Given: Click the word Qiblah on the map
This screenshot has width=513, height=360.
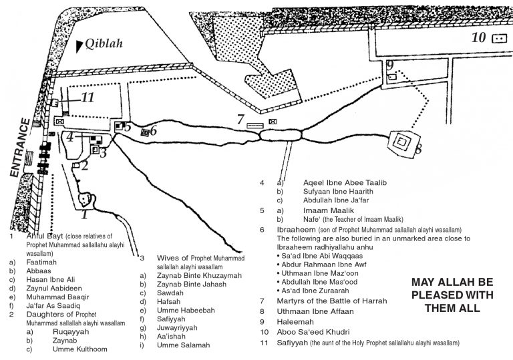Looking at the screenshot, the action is pos(104,43).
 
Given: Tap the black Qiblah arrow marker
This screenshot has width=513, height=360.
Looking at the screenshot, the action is pos(79,47).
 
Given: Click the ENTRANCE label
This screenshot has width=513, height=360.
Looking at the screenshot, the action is pos(20,148).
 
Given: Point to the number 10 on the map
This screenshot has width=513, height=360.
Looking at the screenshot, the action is pos(479,37).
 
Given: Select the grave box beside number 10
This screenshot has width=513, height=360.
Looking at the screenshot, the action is pos(499,39).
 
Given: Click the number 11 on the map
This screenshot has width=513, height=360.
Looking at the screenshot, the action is pos(88,98).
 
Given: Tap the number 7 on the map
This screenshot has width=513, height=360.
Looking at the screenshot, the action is pos(240,119).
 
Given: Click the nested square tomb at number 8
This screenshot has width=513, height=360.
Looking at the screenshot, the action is pos(402,142).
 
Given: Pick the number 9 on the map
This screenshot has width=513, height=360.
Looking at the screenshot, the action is pos(389,65).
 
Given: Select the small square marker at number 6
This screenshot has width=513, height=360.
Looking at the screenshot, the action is pos(145,132).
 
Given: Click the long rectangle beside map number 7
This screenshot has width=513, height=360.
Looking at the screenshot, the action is pos(255,126).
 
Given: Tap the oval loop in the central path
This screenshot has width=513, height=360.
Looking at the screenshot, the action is pos(281,134).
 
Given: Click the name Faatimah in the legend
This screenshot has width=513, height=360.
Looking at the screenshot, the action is pos(41,262).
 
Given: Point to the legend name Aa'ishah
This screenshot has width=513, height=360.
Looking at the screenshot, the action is pos(171,336).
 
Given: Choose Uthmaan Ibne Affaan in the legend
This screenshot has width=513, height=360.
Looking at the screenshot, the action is pos(315,311).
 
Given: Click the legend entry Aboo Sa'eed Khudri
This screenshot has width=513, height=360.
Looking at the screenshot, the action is pos(313,332).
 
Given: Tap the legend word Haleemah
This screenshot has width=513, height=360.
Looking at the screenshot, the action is pos(295,322).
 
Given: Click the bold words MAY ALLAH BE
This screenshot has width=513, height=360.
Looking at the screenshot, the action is pos(452,282).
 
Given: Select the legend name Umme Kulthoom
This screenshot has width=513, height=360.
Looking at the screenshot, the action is pos(80,349).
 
